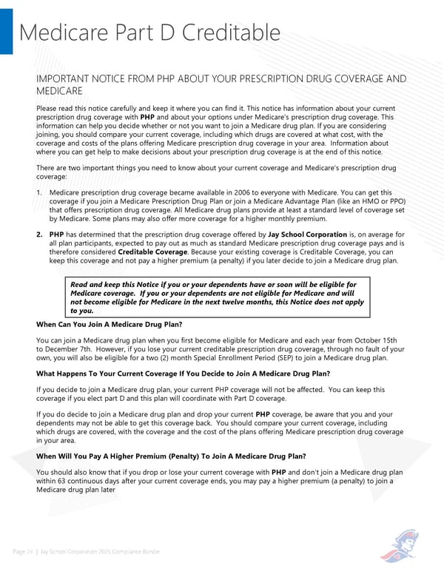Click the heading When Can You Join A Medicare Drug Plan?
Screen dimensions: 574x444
[109, 325]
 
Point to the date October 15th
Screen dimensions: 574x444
[383, 340]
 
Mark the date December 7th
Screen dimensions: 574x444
[73, 348]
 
